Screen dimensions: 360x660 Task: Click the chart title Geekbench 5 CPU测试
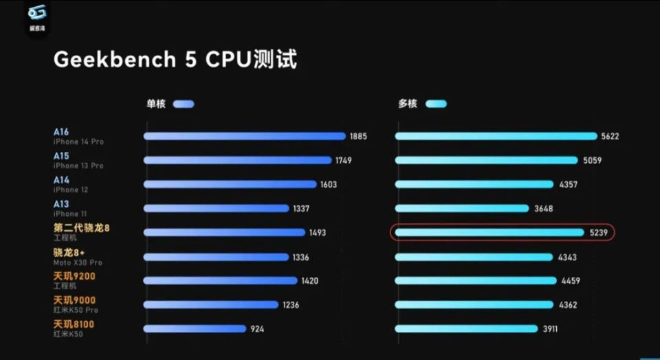[x=175, y=60]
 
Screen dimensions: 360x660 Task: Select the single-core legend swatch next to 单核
[x=184, y=104]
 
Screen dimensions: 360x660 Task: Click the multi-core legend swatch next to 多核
[x=436, y=104]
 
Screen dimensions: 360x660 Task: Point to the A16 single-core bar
[x=244, y=136]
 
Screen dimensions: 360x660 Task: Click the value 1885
[x=358, y=136]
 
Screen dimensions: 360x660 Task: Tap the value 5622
[x=610, y=136]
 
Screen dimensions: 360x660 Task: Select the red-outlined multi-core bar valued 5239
[x=489, y=233]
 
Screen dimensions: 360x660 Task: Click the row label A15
[x=61, y=156]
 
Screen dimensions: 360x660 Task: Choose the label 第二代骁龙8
[x=81, y=228]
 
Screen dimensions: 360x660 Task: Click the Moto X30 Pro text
[x=78, y=262]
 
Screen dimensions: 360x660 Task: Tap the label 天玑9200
[x=74, y=276]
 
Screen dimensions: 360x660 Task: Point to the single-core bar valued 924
[x=195, y=329]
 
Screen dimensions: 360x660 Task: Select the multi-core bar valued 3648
[x=461, y=208]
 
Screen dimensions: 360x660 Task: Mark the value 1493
[x=317, y=233]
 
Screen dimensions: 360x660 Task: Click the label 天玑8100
[x=74, y=324]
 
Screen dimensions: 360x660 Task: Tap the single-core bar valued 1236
[x=211, y=305]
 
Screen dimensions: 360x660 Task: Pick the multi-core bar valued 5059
[x=486, y=160]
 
